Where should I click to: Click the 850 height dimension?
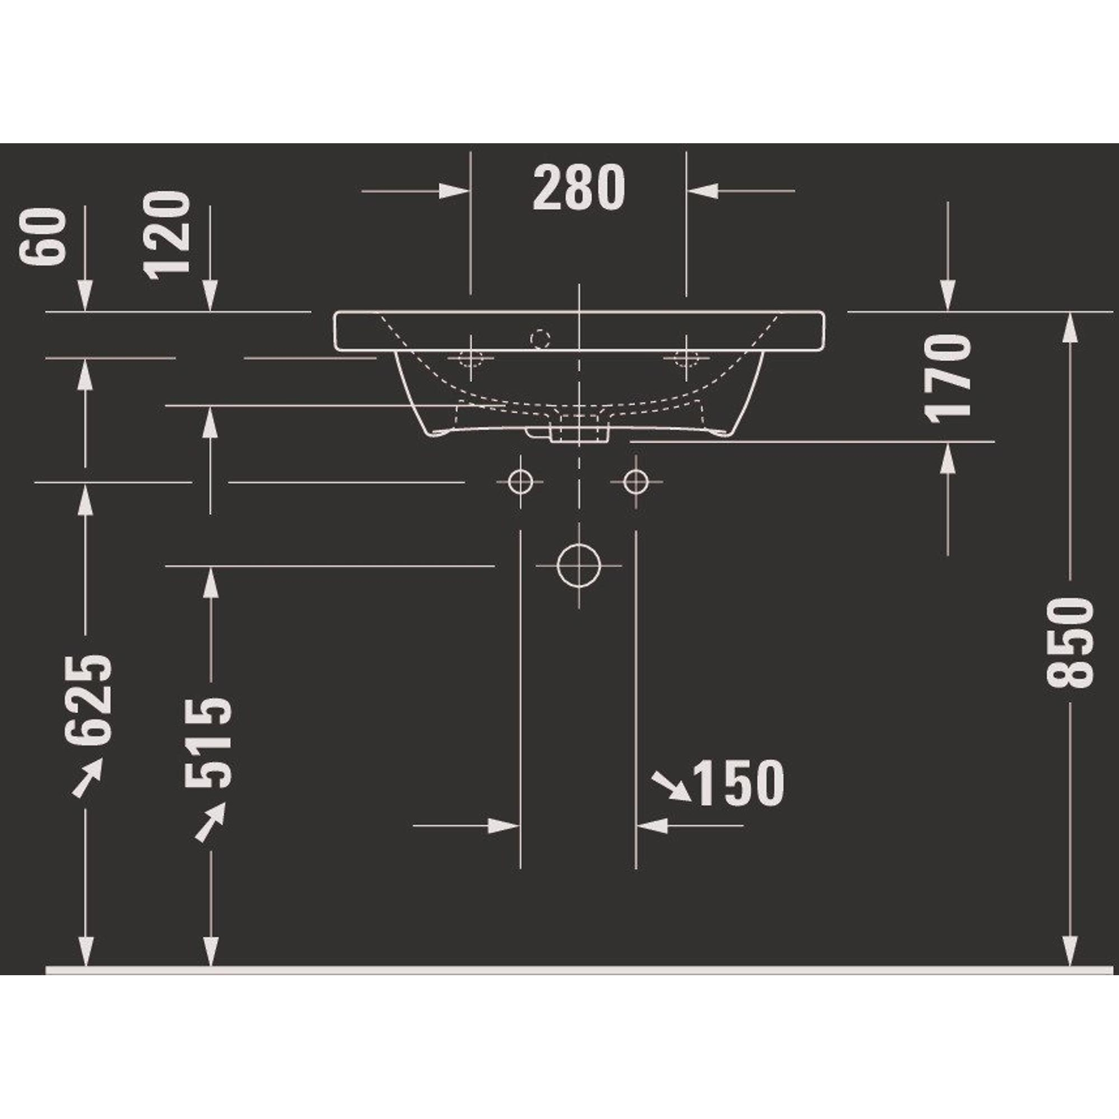click(x=1070, y=643)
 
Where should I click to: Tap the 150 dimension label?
click(x=739, y=783)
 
